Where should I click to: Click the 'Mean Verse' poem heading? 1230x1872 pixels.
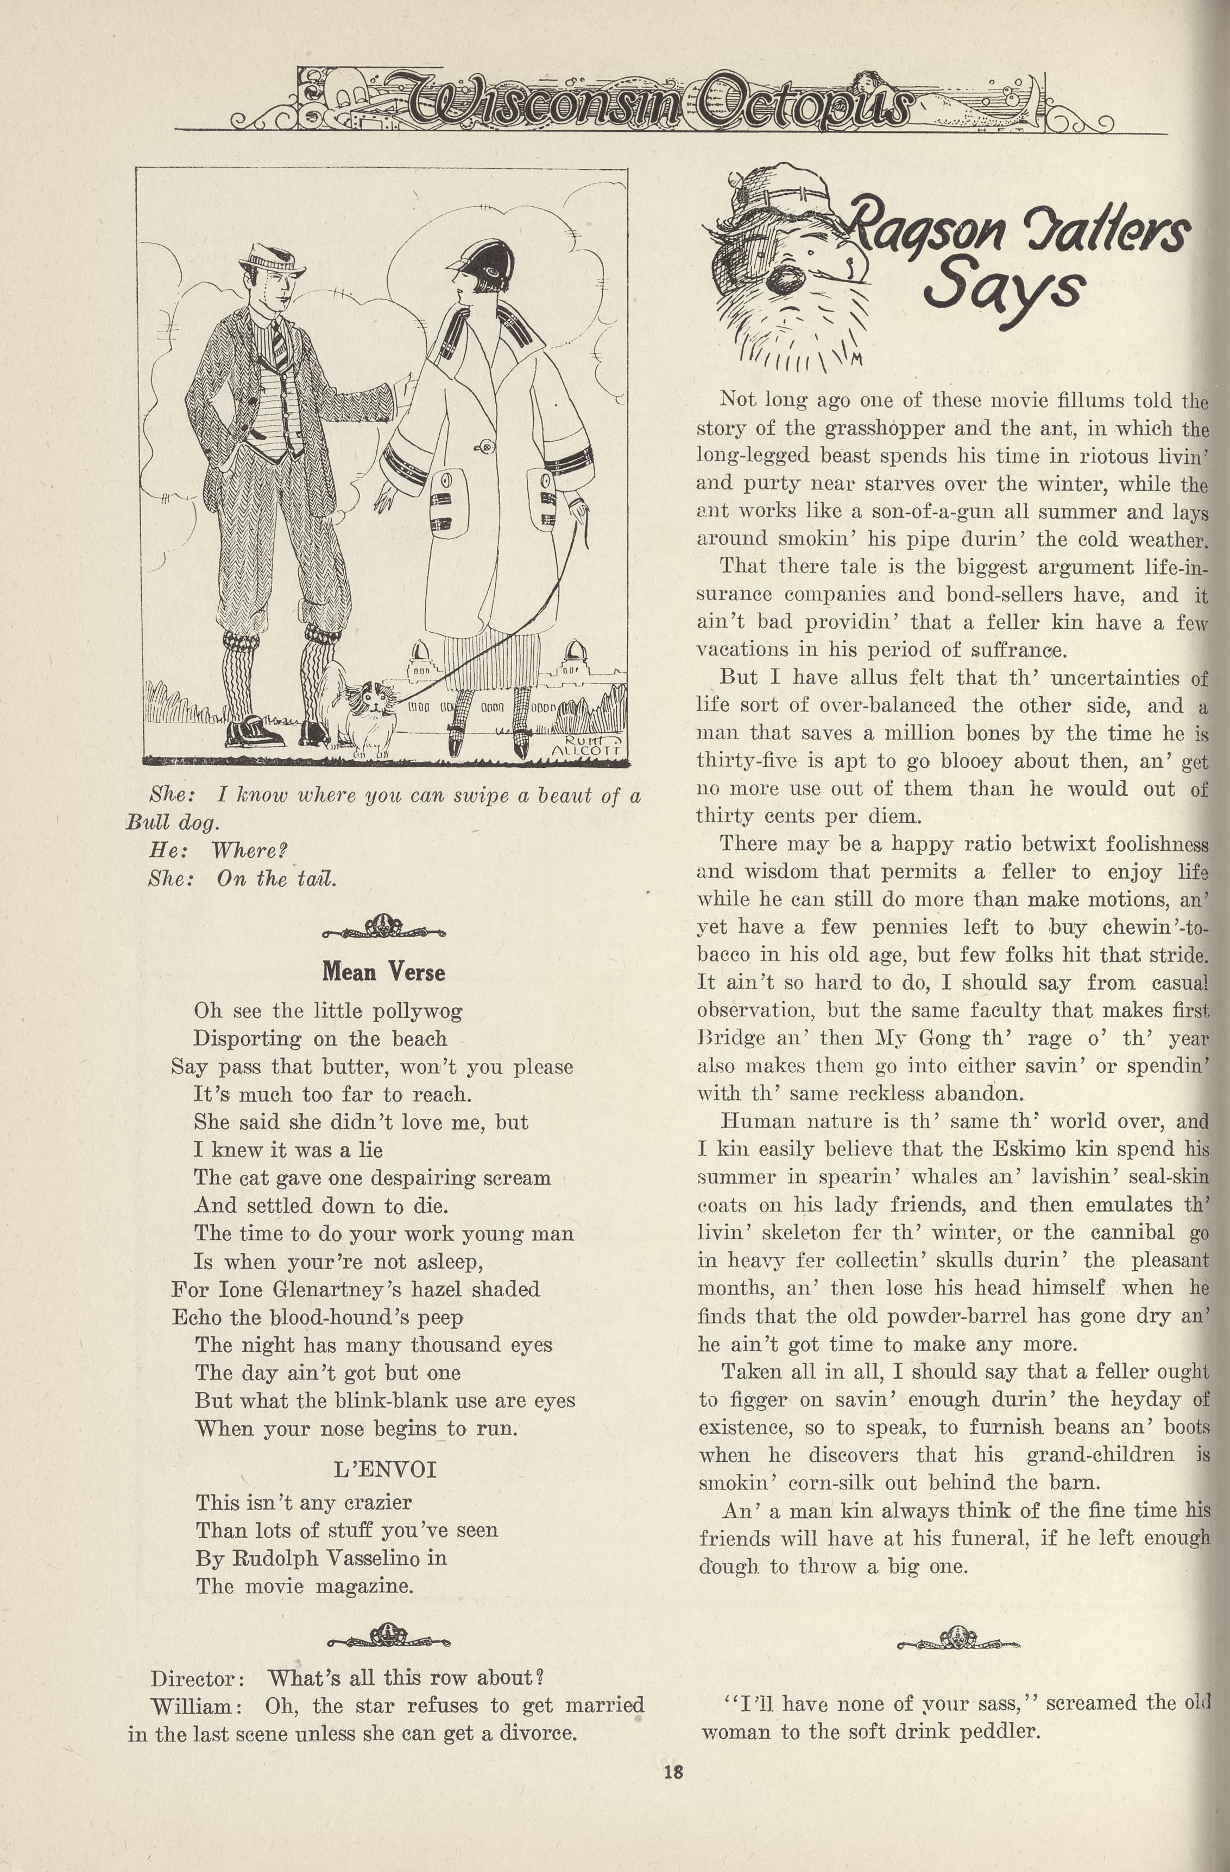[383, 972]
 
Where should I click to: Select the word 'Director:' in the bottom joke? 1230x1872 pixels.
[198, 1678]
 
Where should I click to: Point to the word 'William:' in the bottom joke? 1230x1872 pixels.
[191, 1706]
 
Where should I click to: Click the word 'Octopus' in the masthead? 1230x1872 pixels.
[806, 105]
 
